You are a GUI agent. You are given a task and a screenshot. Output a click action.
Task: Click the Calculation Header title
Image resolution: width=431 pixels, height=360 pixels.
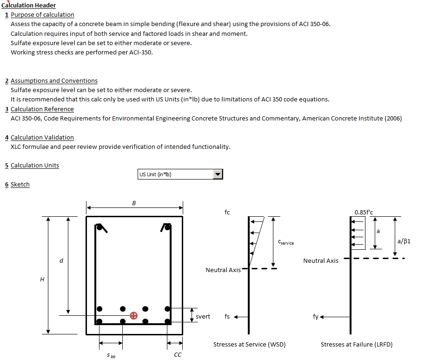coord(29,6)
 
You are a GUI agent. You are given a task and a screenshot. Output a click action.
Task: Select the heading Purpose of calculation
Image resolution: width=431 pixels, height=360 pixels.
coord(42,15)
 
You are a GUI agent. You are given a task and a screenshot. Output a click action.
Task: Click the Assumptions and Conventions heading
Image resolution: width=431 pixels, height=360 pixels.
coord(54,81)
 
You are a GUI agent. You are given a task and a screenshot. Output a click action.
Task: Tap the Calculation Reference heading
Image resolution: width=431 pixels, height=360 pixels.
coord(42,109)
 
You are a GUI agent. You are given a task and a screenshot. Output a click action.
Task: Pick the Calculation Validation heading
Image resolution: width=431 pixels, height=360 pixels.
coord(42,138)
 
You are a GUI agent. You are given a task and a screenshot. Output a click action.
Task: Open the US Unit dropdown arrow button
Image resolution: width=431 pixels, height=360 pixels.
coord(218,174)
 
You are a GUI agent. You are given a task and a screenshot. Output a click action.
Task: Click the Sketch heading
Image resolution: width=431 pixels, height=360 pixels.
coord(20,185)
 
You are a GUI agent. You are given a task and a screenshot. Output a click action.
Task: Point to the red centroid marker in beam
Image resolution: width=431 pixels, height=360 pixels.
coord(134,316)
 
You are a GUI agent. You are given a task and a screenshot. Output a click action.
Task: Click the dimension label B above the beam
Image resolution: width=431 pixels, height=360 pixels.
coord(134,203)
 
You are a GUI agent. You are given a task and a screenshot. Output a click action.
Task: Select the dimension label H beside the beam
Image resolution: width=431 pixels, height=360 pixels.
coord(42,280)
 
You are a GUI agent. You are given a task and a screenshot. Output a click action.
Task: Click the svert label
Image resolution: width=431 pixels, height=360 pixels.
coord(203,317)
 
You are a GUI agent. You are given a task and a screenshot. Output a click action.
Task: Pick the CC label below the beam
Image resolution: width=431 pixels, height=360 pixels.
coord(178,355)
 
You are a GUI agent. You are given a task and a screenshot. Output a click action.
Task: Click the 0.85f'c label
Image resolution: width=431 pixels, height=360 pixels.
coord(364,213)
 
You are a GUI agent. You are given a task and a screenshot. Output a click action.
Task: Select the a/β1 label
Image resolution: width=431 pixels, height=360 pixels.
coord(404,241)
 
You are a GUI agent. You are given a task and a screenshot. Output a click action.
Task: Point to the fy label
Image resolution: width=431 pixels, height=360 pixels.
coord(316,317)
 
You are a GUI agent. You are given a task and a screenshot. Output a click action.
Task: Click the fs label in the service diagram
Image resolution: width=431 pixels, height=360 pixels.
coord(227,317)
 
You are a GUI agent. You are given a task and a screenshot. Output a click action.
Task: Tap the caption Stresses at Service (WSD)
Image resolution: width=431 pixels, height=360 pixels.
coord(249,345)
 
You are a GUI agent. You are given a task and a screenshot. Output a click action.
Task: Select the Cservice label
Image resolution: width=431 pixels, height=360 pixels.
coord(285,242)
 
